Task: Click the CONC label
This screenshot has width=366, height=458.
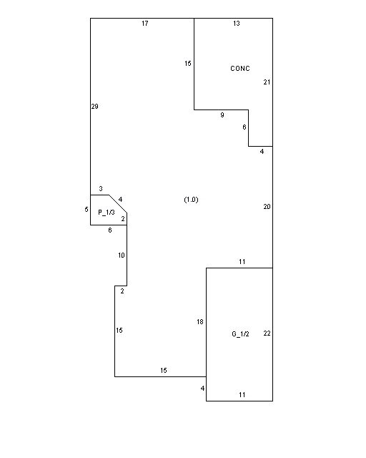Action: click(x=240, y=69)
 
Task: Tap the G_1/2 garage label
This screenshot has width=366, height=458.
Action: click(x=240, y=334)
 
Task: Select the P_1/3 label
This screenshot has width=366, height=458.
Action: click(x=107, y=213)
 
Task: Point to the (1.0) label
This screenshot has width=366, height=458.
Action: click(x=191, y=200)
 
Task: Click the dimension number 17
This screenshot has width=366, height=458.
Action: click(x=145, y=24)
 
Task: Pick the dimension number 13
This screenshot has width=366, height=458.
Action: click(x=237, y=24)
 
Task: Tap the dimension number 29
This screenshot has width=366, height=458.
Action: click(x=94, y=107)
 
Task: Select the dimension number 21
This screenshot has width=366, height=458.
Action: click(x=267, y=82)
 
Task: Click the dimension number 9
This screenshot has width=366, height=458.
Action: click(x=222, y=115)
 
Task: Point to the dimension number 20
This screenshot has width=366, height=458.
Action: click(x=267, y=207)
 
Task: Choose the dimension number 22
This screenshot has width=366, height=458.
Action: click(x=267, y=333)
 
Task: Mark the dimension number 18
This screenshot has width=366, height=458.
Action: click(x=200, y=322)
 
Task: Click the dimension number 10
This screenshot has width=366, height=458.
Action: click(x=122, y=255)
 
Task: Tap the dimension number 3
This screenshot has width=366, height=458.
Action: click(x=101, y=189)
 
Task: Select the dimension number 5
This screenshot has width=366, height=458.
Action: click(x=86, y=210)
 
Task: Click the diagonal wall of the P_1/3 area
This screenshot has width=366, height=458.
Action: click(x=118, y=204)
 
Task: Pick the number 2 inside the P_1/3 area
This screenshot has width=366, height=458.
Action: click(x=123, y=218)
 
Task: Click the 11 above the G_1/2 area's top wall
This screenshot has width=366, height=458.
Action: click(x=242, y=262)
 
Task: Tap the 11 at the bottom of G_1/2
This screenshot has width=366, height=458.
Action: click(x=242, y=395)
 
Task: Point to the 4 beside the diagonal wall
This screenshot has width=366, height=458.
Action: click(x=121, y=200)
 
